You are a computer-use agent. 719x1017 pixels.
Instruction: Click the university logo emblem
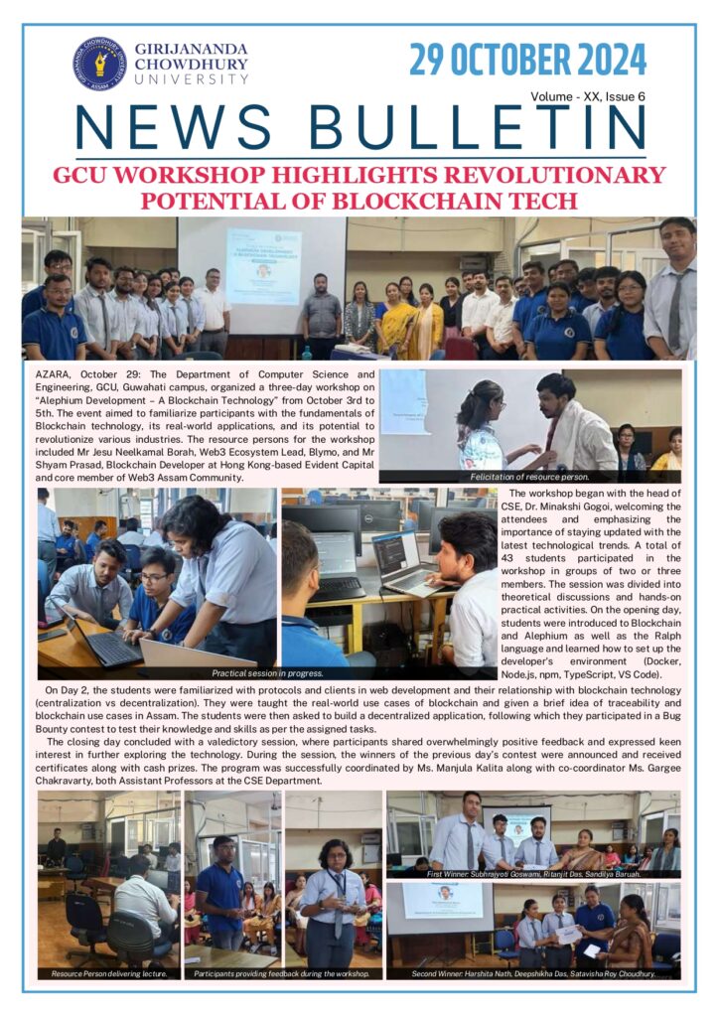point(98,65)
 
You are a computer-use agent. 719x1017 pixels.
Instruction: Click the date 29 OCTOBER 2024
point(527,62)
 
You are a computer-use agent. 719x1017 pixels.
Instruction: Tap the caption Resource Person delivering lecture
point(109,973)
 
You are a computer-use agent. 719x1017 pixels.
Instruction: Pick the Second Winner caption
point(533,973)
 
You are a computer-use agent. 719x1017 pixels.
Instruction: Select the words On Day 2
point(70,687)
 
